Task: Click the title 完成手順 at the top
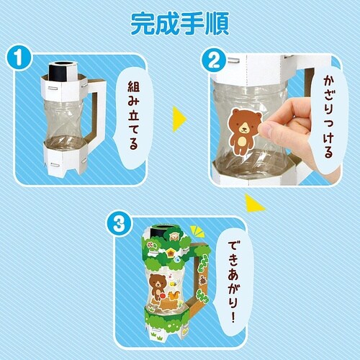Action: click(180, 23)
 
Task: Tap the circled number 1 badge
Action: click(19, 58)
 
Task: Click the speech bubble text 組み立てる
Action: click(133, 115)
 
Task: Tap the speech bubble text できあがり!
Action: click(232, 282)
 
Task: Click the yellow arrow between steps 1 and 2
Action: click(179, 119)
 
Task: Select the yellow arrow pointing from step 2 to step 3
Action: click(254, 203)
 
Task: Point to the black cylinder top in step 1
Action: click(61, 71)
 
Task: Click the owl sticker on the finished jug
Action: click(174, 237)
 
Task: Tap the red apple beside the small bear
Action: click(162, 296)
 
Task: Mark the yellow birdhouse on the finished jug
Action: click(171, 253)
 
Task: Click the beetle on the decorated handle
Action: click(203, 280)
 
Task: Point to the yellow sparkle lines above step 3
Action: click(197, 231)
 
